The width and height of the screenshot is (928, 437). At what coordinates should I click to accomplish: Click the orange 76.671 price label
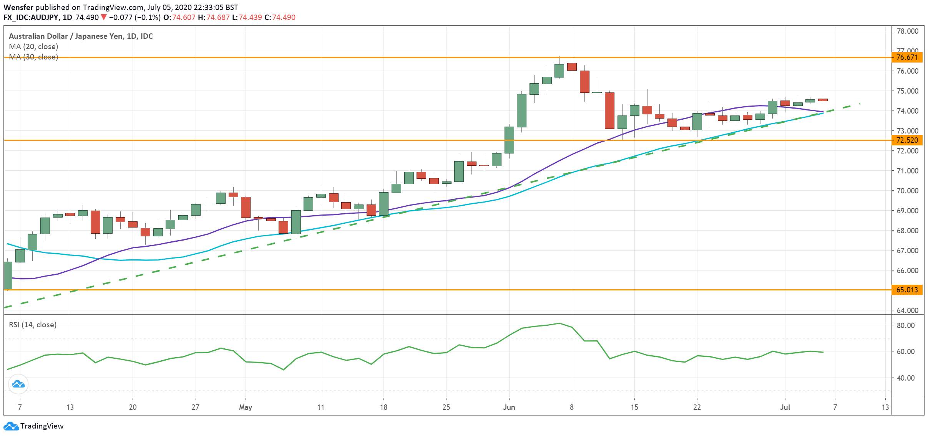point(907,58)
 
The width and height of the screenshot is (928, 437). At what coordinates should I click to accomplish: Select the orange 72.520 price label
point(907,140)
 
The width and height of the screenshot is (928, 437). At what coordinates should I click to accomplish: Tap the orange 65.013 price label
point(907,290)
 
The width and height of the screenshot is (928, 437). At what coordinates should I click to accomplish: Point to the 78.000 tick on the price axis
point(907,31)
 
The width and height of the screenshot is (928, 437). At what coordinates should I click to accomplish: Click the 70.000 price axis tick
point(907,191)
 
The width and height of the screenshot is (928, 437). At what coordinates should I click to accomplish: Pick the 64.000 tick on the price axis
point(907,310)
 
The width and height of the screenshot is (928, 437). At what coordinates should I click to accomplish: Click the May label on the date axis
point(246,407)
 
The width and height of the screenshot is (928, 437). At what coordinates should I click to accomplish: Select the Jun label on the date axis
point(509,407)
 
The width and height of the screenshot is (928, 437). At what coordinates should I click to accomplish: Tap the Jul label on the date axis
point(785,407)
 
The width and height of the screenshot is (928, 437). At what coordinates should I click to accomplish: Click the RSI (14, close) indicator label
point(33,325)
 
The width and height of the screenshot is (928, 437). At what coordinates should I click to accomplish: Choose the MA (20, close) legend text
point(33,47)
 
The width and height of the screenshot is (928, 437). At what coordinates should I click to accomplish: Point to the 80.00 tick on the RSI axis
point(906,325)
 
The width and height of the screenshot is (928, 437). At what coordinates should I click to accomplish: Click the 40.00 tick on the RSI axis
point(906,378)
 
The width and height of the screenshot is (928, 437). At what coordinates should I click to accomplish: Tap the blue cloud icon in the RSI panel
point(18,384)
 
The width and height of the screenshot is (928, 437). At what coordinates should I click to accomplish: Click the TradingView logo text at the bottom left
point(42,426)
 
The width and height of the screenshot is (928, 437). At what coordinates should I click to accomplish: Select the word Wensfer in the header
point(18,7)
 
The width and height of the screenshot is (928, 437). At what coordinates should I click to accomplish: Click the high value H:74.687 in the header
point(214,18)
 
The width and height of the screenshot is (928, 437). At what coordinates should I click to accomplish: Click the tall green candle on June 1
point(509,140)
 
